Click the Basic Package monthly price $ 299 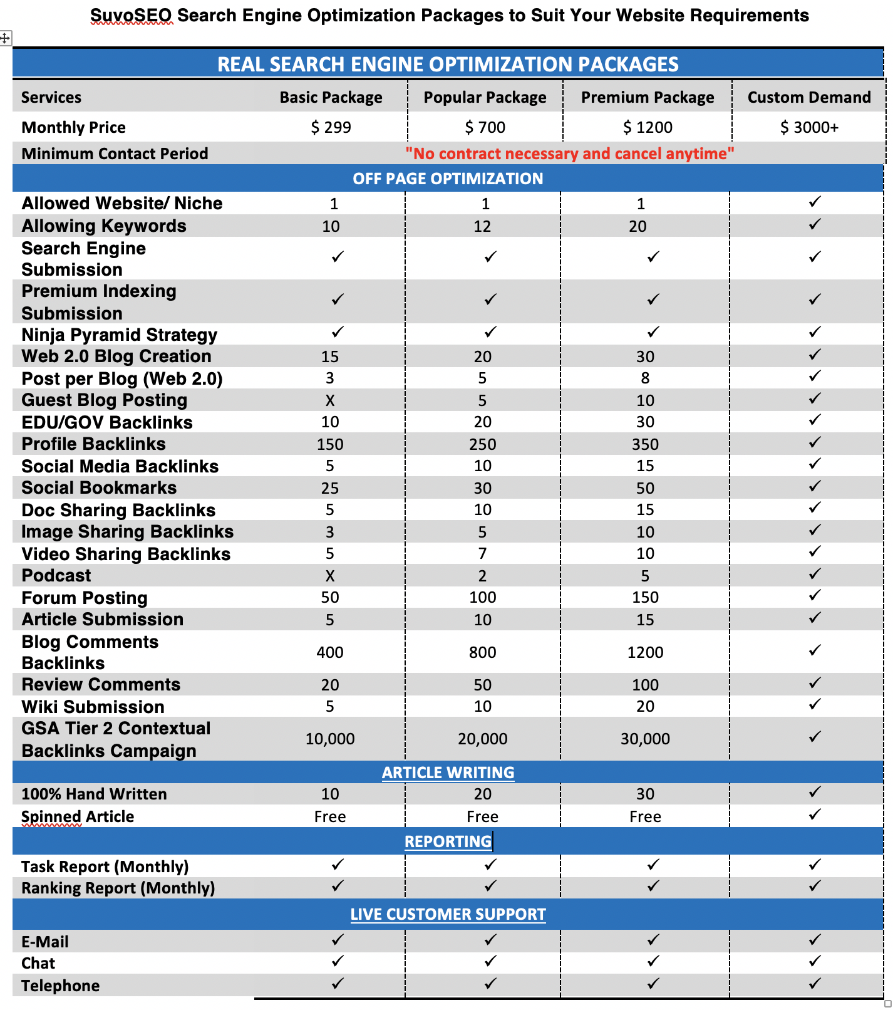(331, 127)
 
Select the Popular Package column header (485, 97)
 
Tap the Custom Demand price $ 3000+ (809, 127)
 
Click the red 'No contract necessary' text (569, 154)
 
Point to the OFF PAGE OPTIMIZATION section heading (448, 179)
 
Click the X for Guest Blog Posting (330, 400)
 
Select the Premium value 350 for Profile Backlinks (645, 444)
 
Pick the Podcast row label (56, 575)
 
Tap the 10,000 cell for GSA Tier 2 (330, 739)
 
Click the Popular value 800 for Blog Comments (482, 652)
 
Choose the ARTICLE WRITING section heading (448, 773)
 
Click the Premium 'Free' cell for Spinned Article (645, 816)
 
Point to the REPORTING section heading (448, 841)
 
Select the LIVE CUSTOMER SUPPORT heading (448, 914)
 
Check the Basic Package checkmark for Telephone (338, 984)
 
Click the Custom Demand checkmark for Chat (815, 961)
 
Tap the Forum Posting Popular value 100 (482, 597)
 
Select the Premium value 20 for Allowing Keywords (637, 226)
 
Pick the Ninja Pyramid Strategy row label (119, 335)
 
